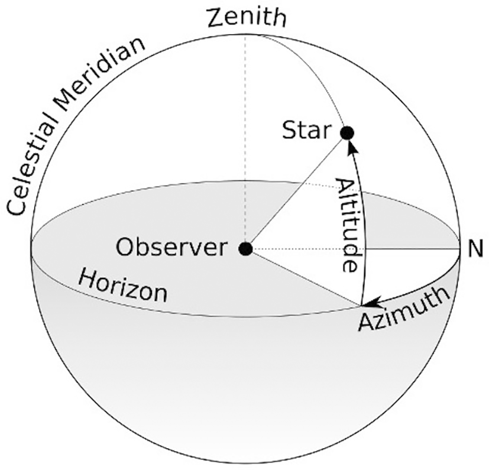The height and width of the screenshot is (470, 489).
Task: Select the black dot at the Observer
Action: click(245, 249)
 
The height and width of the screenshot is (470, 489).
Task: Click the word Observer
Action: click(171, 247)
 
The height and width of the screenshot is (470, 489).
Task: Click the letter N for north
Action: click(475, 249)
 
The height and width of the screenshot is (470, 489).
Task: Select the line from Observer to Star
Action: click(296, 191)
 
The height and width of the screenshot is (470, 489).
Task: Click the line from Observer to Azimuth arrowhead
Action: click(302, 277)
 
